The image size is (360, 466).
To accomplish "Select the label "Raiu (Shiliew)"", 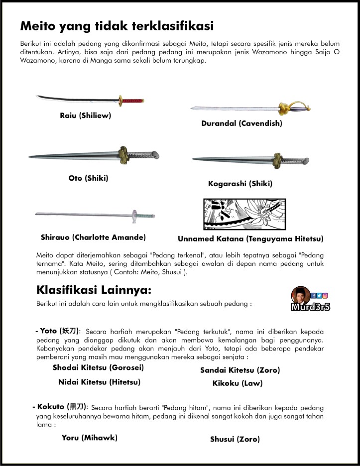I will pyautogui.click(x=85, y=116).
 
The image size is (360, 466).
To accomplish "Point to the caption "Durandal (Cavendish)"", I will pyautogui.click(x=241, y=123).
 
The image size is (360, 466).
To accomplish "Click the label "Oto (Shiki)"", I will pyautogui.click(x=88, y=178).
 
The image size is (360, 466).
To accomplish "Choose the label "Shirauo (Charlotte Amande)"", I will pyautogui.click(x=93, y=237).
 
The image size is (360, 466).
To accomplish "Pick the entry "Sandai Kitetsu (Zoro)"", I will pyautogui.click(x=240, y=370).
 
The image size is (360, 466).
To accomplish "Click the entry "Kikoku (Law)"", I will pyautogui.click(x=237, y=383).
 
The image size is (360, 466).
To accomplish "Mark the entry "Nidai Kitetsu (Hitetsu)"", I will pyautogui.click(x=100, y=382).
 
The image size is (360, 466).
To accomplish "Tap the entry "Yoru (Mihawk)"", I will pyautogui.click(x=89, y=438).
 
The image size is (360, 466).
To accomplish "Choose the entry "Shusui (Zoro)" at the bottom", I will pyautogui.click(x=235, y=439).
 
